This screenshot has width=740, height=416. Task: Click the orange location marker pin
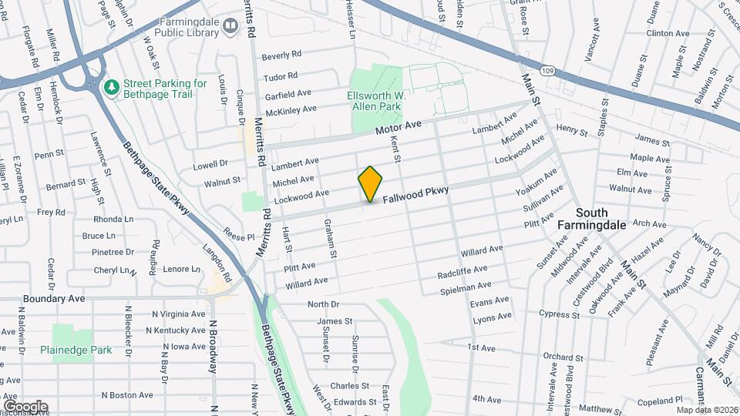370,184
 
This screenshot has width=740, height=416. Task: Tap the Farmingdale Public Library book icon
230,27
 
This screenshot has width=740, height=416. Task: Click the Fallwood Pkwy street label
426,193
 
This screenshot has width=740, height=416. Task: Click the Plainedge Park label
76,350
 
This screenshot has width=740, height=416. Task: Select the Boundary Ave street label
53,298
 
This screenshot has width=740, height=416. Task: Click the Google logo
25,406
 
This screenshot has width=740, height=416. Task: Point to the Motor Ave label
399,129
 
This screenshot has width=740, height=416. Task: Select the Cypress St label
560,314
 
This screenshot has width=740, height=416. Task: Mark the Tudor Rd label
280,76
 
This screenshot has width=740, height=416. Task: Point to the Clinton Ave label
668,34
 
